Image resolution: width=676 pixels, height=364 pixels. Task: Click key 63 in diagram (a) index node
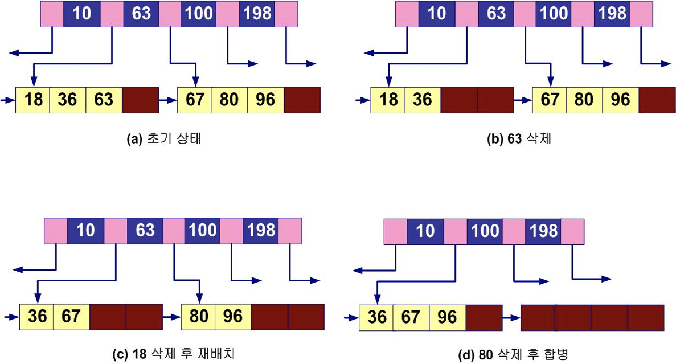pos(141,14)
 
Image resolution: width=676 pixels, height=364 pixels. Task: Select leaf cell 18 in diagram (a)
pos(33,100)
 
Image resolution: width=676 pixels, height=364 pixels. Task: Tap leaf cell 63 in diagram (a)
pos(104,100)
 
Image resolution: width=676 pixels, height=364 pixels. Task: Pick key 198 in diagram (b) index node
pos(612,14)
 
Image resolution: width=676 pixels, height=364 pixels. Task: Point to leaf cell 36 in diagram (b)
pos(423,100)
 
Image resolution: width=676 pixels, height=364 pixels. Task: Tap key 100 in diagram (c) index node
pos(202,231)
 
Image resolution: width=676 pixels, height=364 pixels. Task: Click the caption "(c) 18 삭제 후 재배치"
pos(174,355)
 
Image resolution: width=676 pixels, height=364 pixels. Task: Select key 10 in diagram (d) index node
pos(425,231)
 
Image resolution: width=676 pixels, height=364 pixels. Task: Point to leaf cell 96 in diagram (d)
pos(448,317)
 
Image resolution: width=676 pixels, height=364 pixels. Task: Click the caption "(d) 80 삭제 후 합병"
pos(513,355)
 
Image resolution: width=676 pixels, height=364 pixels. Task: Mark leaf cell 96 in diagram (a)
pos(265,100)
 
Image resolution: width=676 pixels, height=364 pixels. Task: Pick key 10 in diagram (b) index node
pos(437,14)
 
